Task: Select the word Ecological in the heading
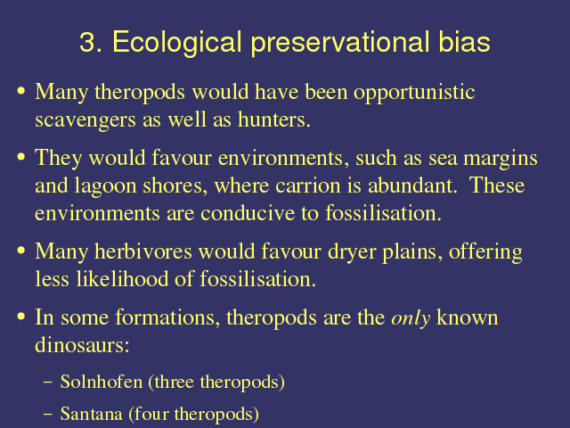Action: click(177, 43)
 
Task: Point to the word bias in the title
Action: click(464, 42)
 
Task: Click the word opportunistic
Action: click(414, 93)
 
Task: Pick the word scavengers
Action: click(85, 120)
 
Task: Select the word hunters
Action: click(274, 119)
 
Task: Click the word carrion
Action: click(307, 185)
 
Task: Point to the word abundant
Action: click(412, 185)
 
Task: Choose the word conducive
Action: click(248, 213)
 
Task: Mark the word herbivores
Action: click(143, 251)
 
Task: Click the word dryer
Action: click(352, 252)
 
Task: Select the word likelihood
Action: click(122, 279)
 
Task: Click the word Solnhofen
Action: click(102, 382)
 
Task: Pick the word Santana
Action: click(91, 414)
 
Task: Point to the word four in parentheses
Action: click(151, 414)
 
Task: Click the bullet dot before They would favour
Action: click(21, 157)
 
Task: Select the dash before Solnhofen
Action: click(47, 383)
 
